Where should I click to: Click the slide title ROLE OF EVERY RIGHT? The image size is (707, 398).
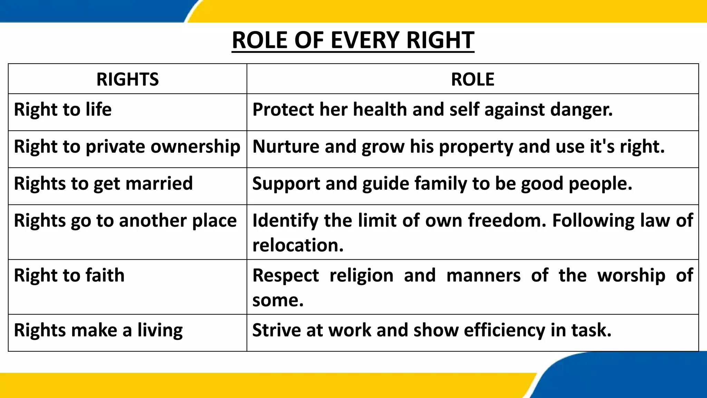tap(353, 40)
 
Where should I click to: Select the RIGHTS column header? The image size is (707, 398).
tap(127, 79)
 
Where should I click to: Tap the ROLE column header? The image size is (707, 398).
tap(472, 79)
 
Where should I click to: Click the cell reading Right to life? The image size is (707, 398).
tap(63, 110)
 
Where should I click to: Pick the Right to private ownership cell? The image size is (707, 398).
tap(127, 146)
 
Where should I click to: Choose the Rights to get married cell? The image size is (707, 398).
tap(103, 183)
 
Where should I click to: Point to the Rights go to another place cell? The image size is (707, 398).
tap(125, 220)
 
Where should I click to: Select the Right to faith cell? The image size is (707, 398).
tap(69, 275)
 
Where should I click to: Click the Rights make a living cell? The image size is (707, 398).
tap(98, 330)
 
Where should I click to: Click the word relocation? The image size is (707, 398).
tap(298, 245)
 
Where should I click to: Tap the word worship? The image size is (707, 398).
tap(631, 276)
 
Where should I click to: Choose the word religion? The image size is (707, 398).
tap(361, 276)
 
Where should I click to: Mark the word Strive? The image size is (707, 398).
tap(277, 330)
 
